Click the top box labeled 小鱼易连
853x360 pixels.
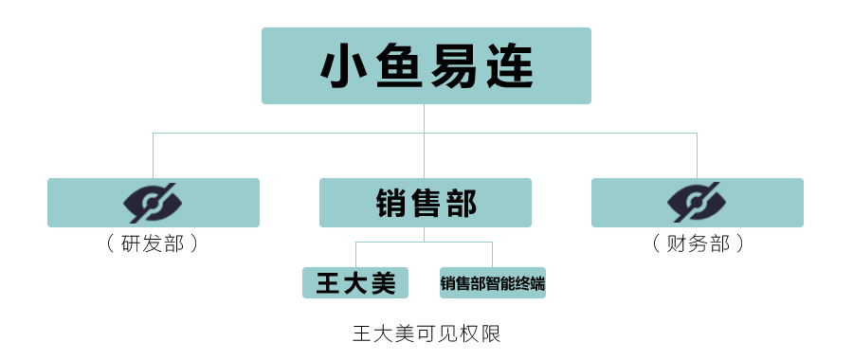[x=426, y=65]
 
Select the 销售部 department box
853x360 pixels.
[x=425, y=203]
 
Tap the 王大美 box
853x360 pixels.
[x=355, y=282]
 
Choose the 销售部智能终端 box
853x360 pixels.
[x=492, y=282]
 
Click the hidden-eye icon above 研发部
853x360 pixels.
[x=154, y=203]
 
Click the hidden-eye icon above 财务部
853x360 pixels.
[x=697, y=203]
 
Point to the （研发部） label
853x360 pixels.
[x=154, y=243]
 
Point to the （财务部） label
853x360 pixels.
[x=697, y=243]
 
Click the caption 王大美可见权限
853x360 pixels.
[x=426, y=333]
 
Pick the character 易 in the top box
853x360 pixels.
[x=453, y=66]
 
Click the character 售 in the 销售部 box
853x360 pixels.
[x=426, y=203]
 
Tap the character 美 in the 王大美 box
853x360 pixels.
[x=382, y=282]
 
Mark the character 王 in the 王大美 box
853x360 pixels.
[x=329, y=282]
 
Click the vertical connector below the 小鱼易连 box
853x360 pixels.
[x=425, y=118]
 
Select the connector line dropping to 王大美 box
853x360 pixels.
[x=355, y=255]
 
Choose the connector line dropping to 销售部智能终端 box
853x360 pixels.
[x=492, y=255]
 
